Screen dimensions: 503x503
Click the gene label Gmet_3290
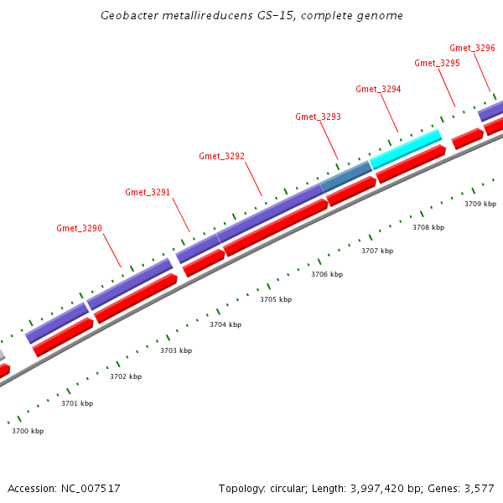[x=79, y=228]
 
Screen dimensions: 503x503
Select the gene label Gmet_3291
[x=148, y=192]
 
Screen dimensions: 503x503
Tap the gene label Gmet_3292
[x=221, y=156]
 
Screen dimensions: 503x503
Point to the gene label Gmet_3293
[x=318, y=117]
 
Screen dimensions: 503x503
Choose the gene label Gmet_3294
[x=378, y=89]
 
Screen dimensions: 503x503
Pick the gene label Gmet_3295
[x=437, y=63]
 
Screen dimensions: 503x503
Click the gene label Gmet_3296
[x=472, y=48]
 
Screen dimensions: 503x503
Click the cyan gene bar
[x=406, y=148]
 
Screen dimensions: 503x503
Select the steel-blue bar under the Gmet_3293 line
[x=346, y=175]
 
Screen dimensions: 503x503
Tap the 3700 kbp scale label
[x=28, y=431]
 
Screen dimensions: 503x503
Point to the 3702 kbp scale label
[x=126, y=376]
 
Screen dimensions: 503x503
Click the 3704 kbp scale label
[x=226, y=324]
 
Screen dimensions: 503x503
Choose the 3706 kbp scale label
[x=327, y=274]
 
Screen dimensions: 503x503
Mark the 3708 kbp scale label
[x=428, y=227]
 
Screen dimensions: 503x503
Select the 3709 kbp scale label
[x=480, y=204]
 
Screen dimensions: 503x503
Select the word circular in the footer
[x=295, y=488]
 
